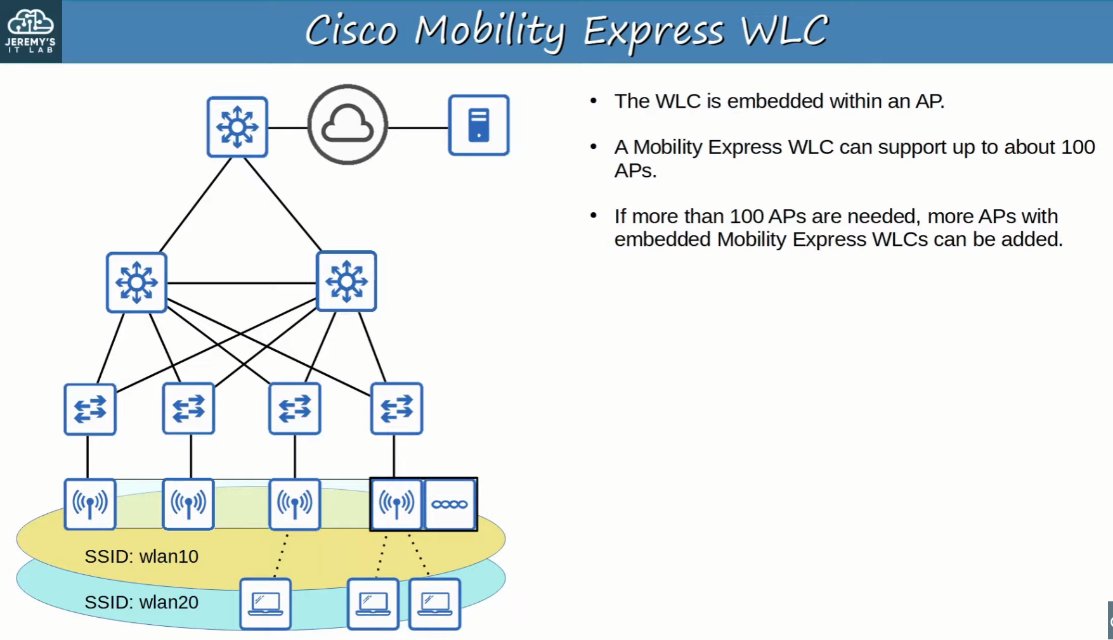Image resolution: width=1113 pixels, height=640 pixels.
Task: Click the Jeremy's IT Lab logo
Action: pos(30,31)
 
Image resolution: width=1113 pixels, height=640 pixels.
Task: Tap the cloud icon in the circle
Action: pos(347,125)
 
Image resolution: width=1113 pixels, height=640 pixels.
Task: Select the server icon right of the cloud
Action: pos(479,125)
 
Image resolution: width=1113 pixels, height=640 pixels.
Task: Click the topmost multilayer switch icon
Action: pos(237,127)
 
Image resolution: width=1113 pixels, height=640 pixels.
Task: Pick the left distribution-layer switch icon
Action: pos(136,282)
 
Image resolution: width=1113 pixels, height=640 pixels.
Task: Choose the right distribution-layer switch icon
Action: pos(346,281)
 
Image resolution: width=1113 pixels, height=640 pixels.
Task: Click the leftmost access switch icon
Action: pos(90,409)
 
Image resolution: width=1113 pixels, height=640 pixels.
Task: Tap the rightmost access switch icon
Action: pos(397,409)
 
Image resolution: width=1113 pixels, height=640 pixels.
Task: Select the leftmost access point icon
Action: pos(90,504)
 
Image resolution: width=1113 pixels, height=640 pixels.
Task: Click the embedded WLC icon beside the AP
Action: pos(450,504)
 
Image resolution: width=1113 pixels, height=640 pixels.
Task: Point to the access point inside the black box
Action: pos(396,504)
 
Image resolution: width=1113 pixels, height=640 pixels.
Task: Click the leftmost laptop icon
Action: pos(266,604)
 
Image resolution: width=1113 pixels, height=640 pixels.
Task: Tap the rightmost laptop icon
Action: pos(435,604)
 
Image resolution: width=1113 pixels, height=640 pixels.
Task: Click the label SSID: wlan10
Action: pos(141,556)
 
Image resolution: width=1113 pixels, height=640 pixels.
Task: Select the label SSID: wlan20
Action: pos(141,602)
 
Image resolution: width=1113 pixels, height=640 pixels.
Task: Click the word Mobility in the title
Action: pos(490,32)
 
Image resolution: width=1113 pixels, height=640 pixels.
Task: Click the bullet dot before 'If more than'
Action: pos(594,215)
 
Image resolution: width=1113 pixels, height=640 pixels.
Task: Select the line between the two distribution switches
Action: pos(242,283)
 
